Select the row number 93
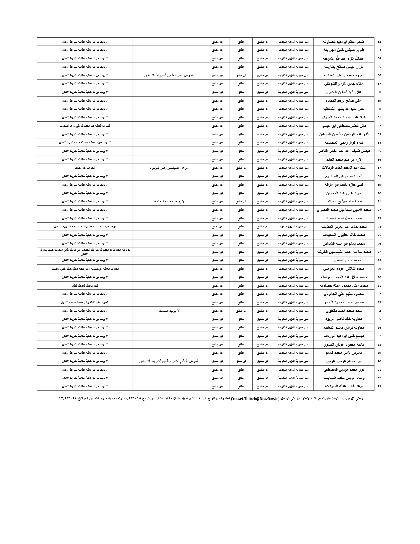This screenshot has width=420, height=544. click(379, 386)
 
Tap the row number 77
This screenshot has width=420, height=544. click(379, 252)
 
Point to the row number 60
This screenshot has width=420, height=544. click(379, 109)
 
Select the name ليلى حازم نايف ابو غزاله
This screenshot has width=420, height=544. click(344, 185)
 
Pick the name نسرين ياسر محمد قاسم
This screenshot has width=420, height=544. click(344, 353)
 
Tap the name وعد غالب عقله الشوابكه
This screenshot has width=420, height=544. click(344, 386)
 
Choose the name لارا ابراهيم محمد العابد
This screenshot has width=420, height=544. click(344, 160)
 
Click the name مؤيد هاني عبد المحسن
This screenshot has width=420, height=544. click(344, 193)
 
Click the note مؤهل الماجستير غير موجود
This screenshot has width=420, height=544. click(169, 168)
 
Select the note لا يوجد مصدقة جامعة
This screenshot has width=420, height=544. click(169, 201)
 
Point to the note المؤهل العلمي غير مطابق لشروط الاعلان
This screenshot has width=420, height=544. click(169, 361)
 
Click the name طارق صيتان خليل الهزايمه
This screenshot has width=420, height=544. click(344, 50)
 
